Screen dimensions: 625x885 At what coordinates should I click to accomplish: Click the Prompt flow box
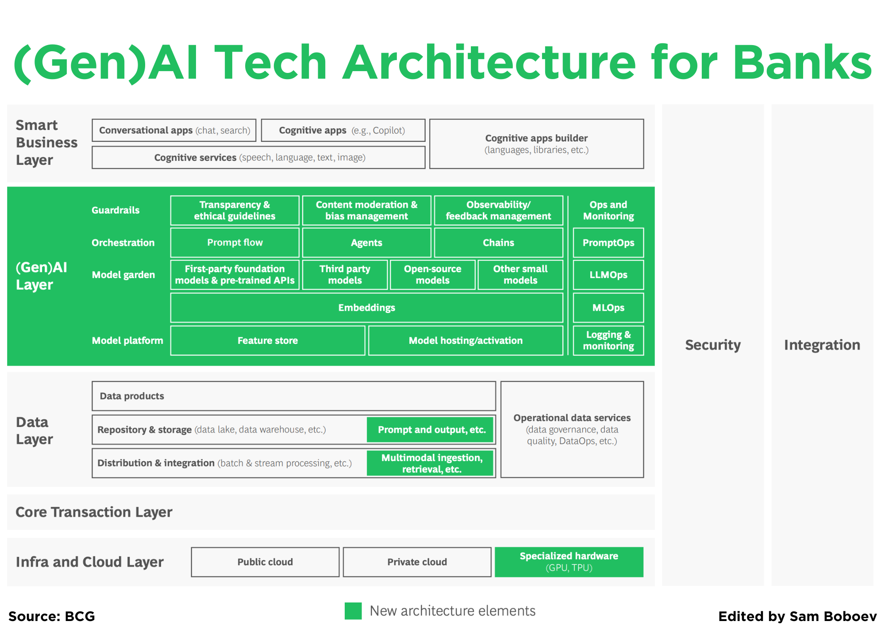(235, 242)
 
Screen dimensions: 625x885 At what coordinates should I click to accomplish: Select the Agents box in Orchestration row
(366, 242)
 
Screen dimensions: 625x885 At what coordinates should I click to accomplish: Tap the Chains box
(498, 242)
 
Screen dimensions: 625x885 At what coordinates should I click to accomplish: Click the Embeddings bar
(366, 308)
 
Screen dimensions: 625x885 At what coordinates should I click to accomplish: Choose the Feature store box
(267, 340)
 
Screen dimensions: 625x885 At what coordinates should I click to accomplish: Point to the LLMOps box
(608, 275)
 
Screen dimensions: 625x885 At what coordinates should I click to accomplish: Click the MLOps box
(608, 308)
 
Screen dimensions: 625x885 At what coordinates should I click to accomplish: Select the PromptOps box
(608, 242)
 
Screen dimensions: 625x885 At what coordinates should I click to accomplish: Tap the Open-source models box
(432, 275)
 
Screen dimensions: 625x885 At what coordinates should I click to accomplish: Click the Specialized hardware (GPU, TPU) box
(569, 562)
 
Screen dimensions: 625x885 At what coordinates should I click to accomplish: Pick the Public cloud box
(265, 562)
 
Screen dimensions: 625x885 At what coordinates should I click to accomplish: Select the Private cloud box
(417, 562)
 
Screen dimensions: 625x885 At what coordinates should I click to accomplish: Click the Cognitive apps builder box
(536, 144)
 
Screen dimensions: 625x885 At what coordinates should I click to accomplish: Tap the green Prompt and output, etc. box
(431, 430)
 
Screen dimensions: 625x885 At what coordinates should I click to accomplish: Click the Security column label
(712, 345)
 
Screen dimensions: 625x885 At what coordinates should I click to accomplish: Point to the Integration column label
(822, 345)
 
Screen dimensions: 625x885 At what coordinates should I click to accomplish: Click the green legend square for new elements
(353, 611)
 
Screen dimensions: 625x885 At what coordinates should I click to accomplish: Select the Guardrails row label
(115, 210)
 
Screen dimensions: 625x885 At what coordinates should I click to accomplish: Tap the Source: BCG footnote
(52, 616)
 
